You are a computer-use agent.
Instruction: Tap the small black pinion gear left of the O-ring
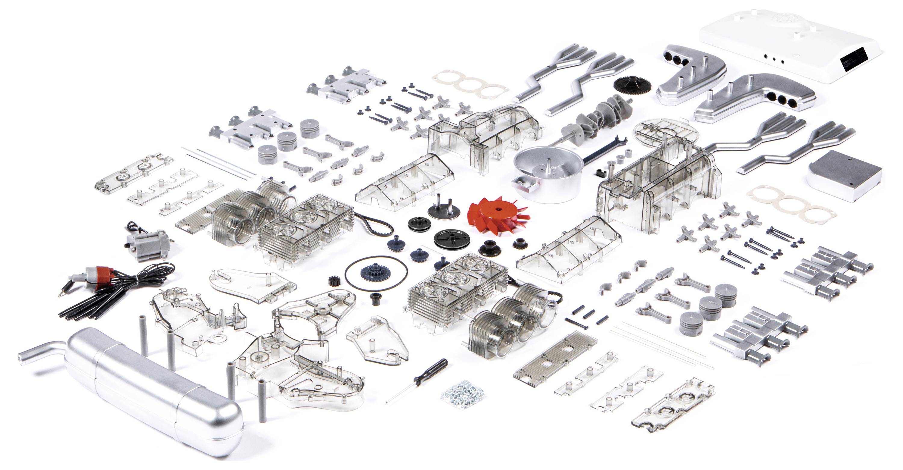click(334, 280)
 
